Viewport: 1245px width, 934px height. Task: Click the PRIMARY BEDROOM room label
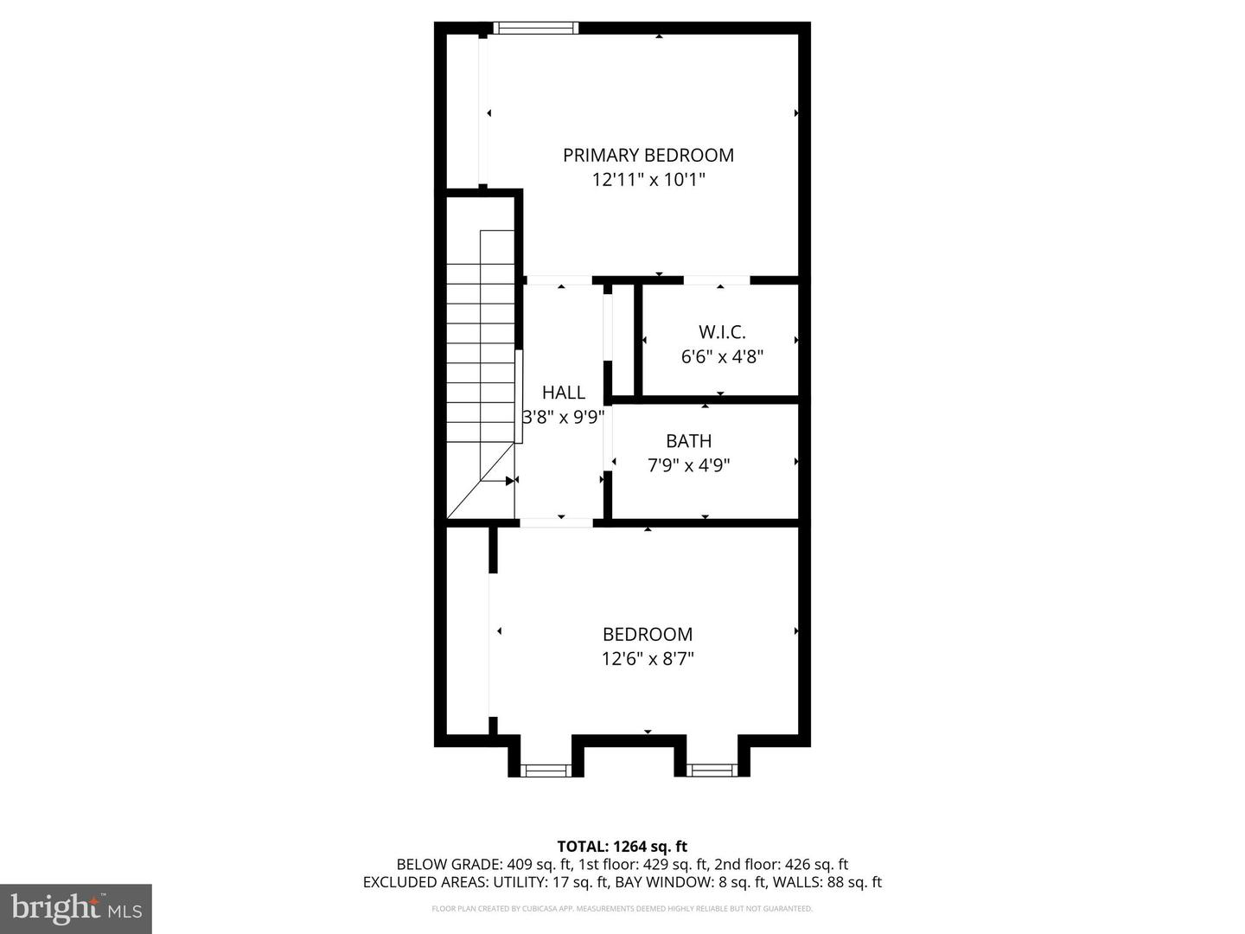(x=648, y=156)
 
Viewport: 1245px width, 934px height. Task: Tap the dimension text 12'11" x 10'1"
(x=648, y=180)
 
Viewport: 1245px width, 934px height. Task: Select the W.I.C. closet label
(x=722, y=332)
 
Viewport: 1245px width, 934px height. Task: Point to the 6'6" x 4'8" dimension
(x=722, y=356)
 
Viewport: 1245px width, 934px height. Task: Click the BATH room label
(x=688, y=441)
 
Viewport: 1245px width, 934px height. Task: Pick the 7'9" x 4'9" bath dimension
(x=688, y=465)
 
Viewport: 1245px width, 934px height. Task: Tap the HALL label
(x=564, y=393)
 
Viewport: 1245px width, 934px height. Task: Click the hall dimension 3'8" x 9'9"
(x=564, y=417)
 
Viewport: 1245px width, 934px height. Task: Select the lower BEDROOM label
(x=648, y=635)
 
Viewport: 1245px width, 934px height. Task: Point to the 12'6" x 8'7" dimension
(x=648, y=659)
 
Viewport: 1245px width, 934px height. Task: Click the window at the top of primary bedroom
(x=535, y=29)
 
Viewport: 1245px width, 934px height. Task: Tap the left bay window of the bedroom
(x=546, y=768)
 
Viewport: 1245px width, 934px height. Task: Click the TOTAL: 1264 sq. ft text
(x=622, y=847)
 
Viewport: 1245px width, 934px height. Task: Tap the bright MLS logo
(x=76, y=908)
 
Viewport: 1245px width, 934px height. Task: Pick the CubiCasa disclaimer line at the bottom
(x=622, y=909)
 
